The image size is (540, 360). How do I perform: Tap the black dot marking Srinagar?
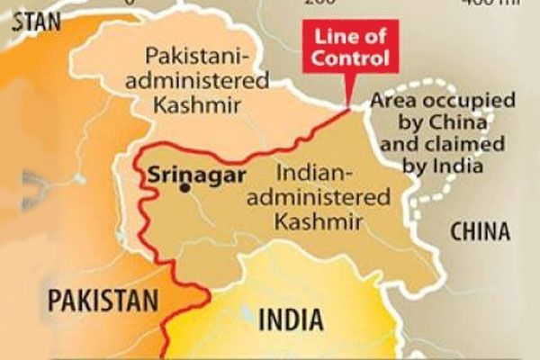click(x=184, y=188)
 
